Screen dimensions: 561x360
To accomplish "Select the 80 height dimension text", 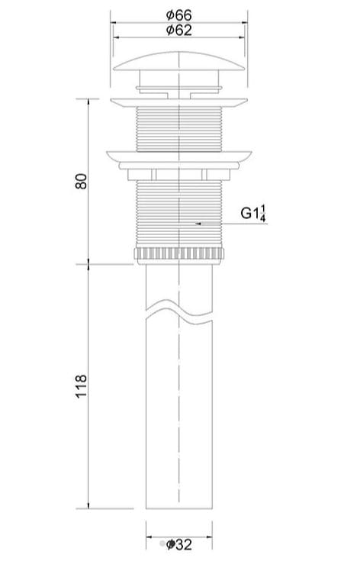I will pos(82,182).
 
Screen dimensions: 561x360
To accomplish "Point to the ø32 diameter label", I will pos(180,544).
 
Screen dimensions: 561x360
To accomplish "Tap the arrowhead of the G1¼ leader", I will pos(198,224).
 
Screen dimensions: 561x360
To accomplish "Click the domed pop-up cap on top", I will pos(180,60).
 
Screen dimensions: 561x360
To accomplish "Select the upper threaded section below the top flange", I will pos(180,126).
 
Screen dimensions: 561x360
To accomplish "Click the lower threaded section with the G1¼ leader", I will pos(180,214).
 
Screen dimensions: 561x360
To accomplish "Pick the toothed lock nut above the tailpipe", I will pos(180,254).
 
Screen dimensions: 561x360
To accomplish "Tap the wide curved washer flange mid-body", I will pos(180,156).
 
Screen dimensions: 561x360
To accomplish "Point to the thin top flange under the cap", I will pos(180,101).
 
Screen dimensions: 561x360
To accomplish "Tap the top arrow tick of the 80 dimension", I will pos(89,99).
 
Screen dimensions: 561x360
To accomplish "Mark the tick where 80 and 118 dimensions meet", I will pos(89,263).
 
